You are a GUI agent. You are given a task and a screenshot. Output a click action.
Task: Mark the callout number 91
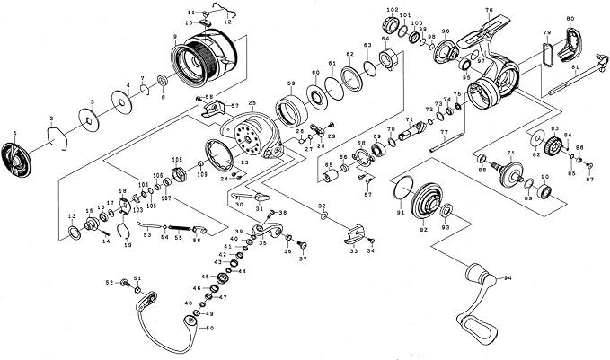pos(400,212)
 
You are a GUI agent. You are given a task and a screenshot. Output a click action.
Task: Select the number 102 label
pos(392,10)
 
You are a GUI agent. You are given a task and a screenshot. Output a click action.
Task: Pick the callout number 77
pos(444,132)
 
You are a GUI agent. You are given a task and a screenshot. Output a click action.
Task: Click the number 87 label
pos(590,181)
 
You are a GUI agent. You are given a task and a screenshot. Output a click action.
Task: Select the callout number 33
pos(354,251)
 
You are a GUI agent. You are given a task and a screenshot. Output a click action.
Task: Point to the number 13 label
pos(71,217)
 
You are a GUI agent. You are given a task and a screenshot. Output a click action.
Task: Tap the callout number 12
pos(226,22)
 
